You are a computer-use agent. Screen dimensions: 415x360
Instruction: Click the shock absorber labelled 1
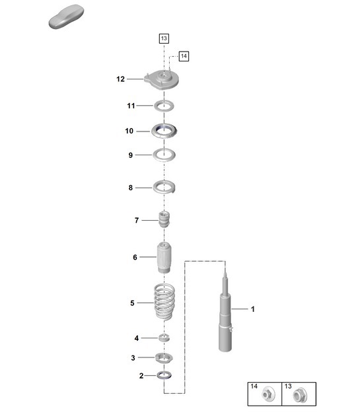click(x=225, y=317)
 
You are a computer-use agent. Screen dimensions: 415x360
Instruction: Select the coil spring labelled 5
click(x=163, y=303)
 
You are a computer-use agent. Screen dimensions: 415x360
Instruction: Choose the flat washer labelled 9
click(x=163, y=155)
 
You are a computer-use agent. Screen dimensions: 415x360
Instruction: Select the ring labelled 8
click(x=163, y=188)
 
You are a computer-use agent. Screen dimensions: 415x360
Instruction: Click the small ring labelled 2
click(x=164, y=376)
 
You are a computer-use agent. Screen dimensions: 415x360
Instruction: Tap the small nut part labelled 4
click(x=164, y=338)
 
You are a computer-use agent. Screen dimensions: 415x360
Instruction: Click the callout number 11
click(x=131, y=106)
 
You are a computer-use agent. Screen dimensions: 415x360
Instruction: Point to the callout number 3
click(x=133, y=358)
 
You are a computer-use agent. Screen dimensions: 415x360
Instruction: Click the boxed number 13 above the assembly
click(x=164, y=38)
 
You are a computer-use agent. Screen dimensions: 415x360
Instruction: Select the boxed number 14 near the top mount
click(x=184, y=56)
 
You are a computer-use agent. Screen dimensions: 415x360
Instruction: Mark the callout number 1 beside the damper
click(x=252, y=309)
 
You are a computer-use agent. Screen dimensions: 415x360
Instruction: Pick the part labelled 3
click(x=164, y=358)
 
